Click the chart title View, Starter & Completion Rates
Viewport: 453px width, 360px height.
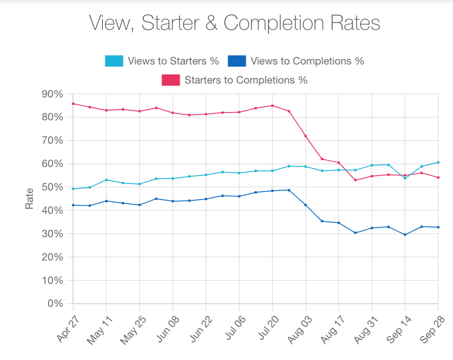[x=234, y=23]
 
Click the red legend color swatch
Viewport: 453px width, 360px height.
[x=170, y=80]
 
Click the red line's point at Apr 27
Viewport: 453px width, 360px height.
[x=73, y=104]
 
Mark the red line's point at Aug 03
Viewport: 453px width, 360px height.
[x=306, y=136]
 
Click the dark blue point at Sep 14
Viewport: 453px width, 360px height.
[x=405, y=235]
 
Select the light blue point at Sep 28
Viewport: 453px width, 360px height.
[x=438, y=162]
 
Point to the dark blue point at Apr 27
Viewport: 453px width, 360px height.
[x=73, y=205]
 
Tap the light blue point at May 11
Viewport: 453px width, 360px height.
[x=106, y=180]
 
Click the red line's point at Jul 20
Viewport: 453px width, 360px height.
[x=272, y=106]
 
